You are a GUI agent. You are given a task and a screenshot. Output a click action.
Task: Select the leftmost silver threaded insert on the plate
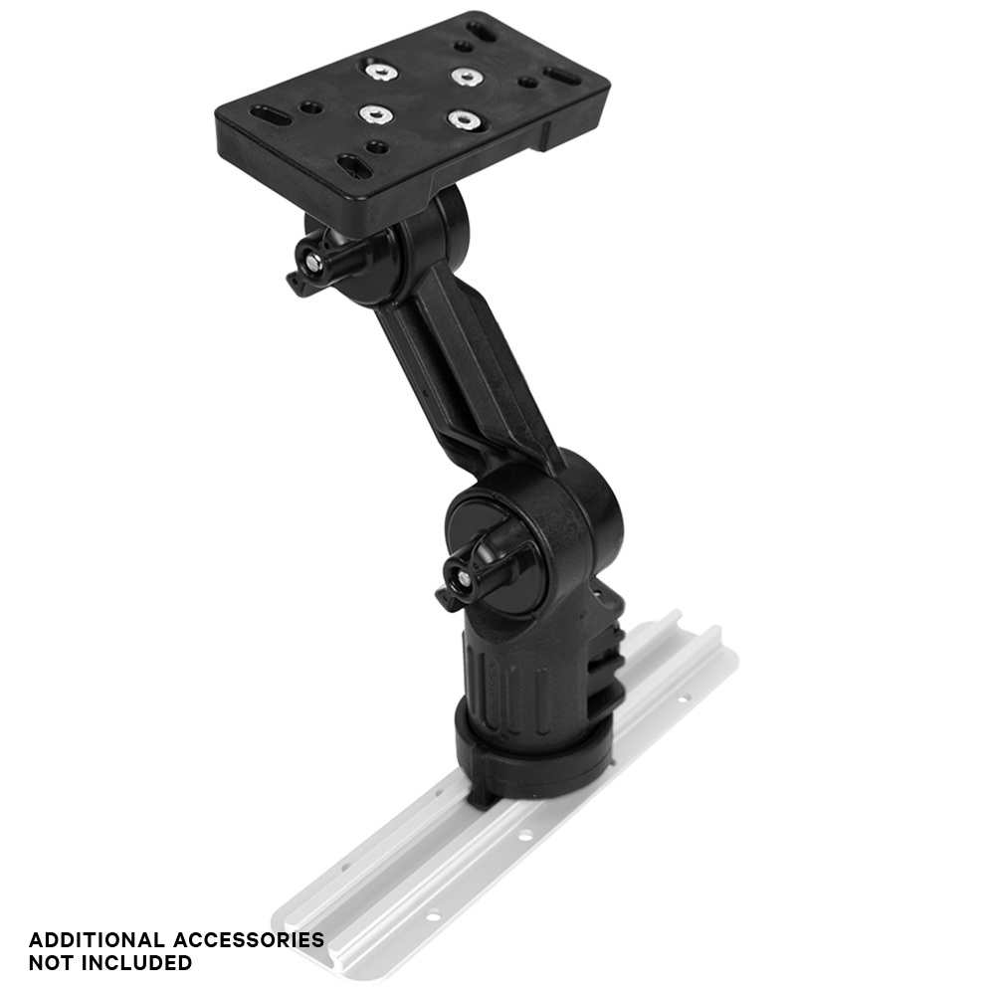pyautogui.click(x=372, y=113)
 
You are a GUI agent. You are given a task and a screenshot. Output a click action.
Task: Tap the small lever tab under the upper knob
pyautogui.click(x=296, y=284)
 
